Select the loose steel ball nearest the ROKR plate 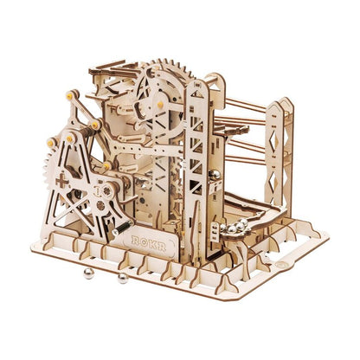click(122, 278)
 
